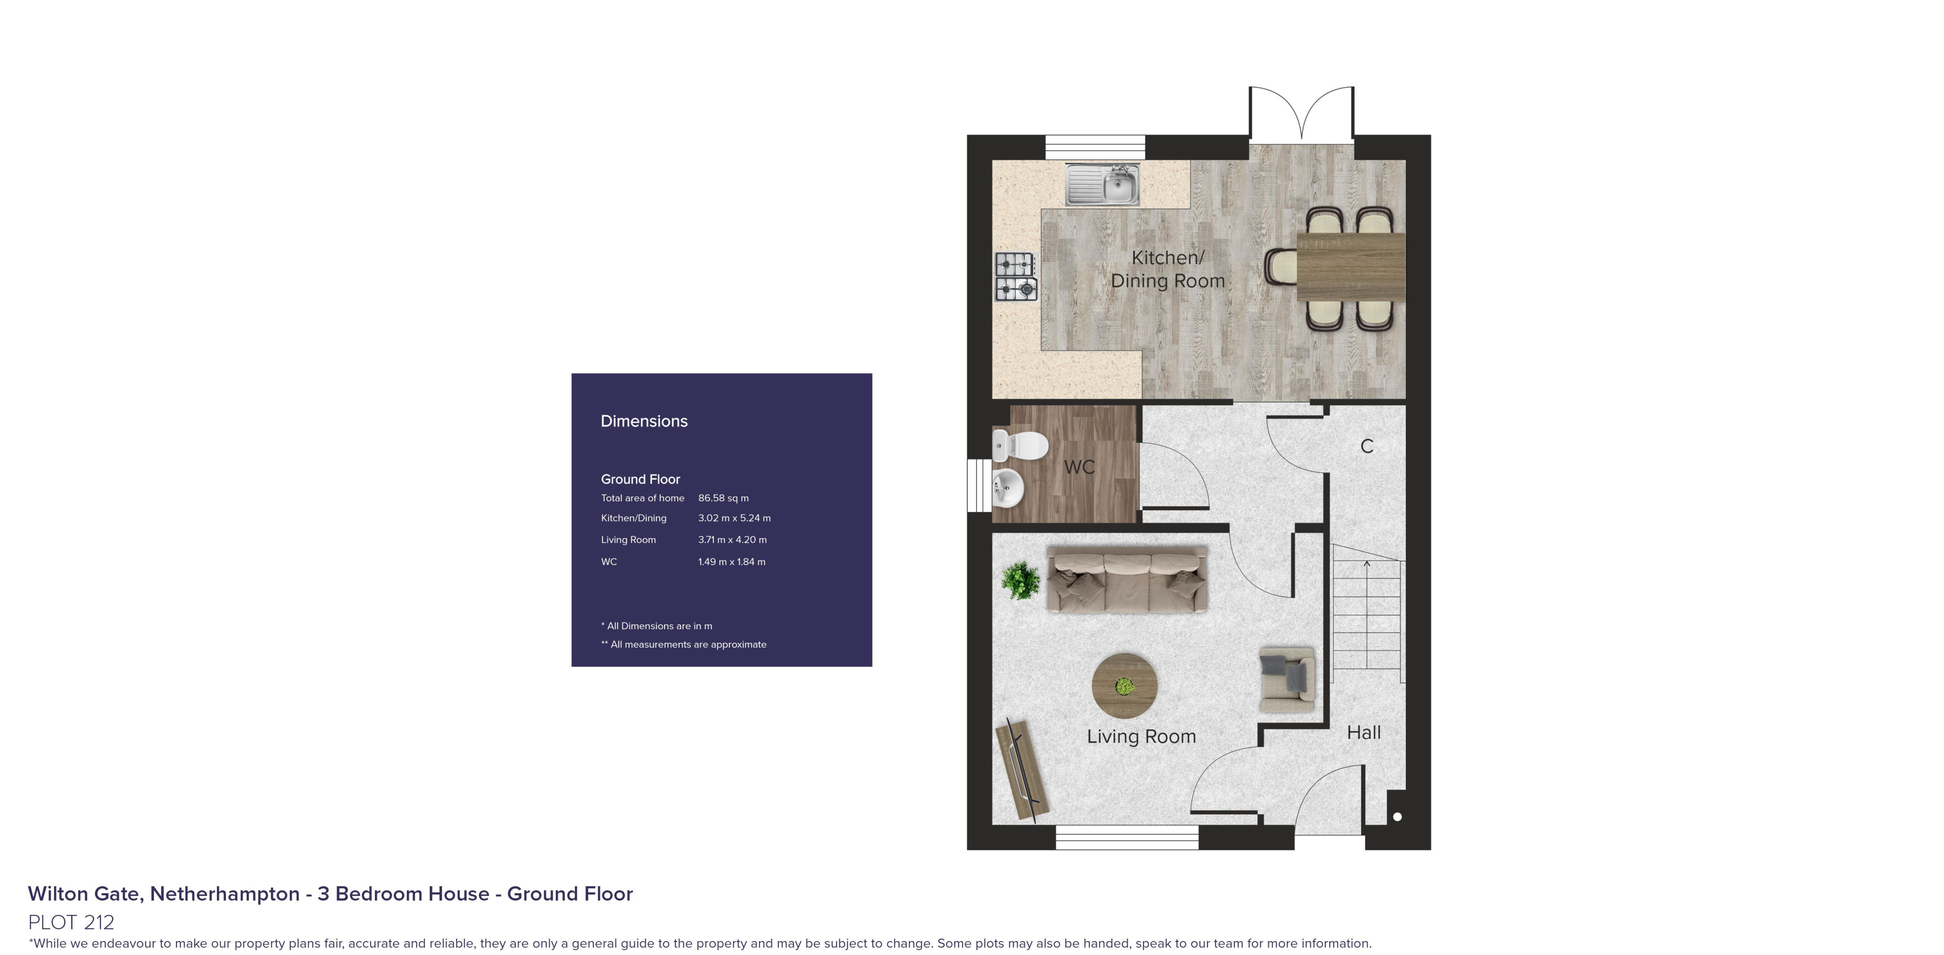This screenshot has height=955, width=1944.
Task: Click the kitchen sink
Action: (x=1102, y=184)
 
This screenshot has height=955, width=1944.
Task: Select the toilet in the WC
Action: (x=1020, y=446)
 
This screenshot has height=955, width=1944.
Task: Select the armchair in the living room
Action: (x=1287, y=679)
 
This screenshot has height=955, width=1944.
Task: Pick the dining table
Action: (x=1351, y=266)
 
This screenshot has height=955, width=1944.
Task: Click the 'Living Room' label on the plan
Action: (x=1141, y=737)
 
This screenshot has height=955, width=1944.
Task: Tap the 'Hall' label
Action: (x=1363, y=732)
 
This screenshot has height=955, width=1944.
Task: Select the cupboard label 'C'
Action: (x=1367, y=446)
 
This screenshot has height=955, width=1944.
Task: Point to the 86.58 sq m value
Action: (x=723, y=498)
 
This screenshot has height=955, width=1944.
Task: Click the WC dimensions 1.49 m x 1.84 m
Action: (x=731, y=562)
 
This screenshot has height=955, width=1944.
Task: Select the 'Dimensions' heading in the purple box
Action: (x=643, y=421)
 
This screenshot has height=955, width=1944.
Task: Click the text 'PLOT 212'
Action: (x=71, y=922)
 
